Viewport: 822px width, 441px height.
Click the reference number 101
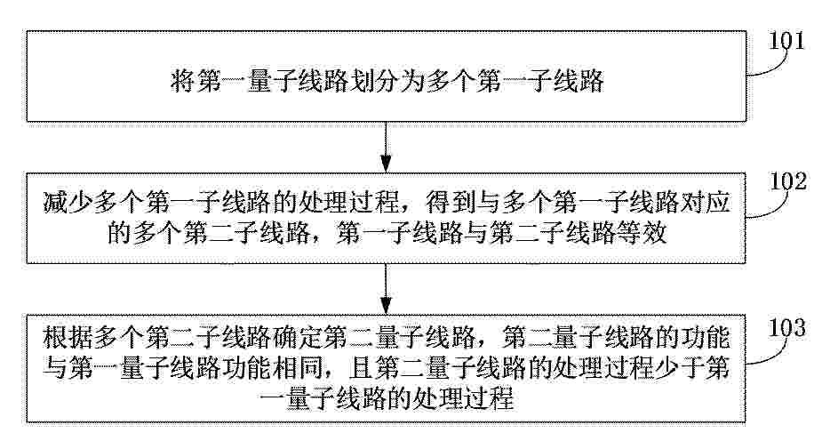tap(786, 40)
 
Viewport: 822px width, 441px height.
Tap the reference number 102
tap(788, 181)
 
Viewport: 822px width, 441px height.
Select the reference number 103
tap(786, 328)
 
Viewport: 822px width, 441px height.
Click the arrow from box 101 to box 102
tap(386, 147)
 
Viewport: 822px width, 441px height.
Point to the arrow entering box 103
tap(386, 288)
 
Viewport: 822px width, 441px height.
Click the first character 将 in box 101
tap(182, 81)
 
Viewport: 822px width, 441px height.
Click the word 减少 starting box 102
tap(68, 202)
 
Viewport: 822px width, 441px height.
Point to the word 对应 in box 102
tap(705, 202)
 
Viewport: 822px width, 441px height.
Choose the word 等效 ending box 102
tap(642, 233)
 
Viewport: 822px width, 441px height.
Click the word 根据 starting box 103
tap(68, 337)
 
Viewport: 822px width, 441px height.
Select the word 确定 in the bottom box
tap(297, 337)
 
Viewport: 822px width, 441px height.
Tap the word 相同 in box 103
tap(297, 368)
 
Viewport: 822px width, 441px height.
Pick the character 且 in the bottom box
tap(361, 368)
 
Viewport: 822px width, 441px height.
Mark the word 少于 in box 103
tap(680, 368)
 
